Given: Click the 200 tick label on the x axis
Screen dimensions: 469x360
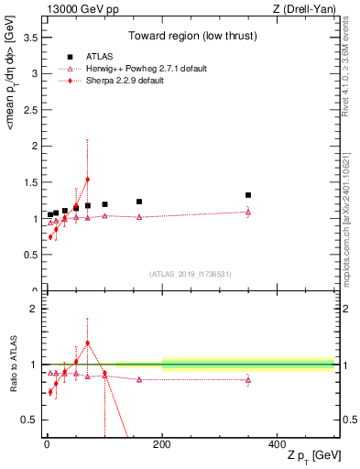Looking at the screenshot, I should pyautogui.click(x=162, y=444).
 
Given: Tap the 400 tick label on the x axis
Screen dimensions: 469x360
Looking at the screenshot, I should pyautogui.click(x=278, y=444).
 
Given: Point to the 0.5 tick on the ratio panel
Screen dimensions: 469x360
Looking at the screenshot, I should pyautogui.click(x=29, y=420).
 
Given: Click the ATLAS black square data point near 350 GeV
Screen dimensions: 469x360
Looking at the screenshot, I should pyautogui.click(x=248, y=195).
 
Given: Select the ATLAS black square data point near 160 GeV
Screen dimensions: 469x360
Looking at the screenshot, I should pyautogui.click(x=139, y=202).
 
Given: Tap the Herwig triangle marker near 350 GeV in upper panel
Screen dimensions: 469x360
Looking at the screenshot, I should pyautogui.click(x=248, y=212).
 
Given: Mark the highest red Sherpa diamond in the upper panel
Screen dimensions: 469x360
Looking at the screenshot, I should pyautogui.click(x=87, y=180).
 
